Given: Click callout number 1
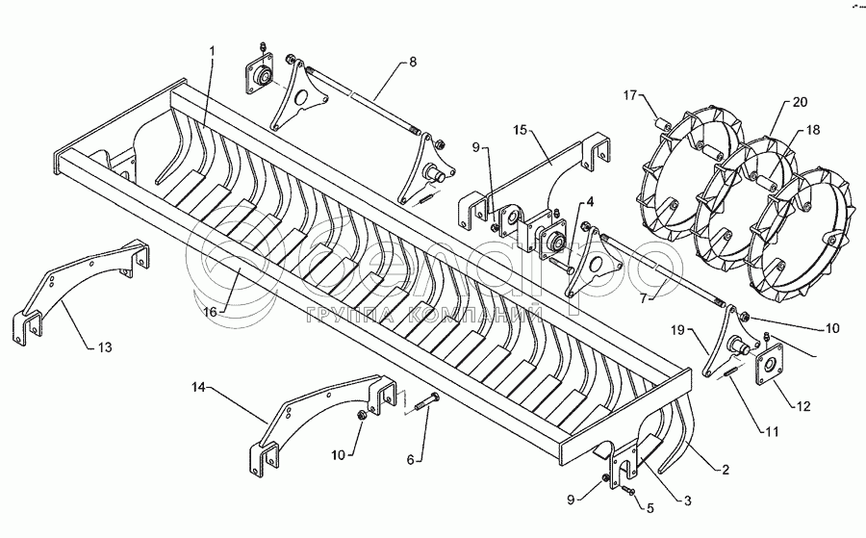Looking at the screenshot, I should (213, 50).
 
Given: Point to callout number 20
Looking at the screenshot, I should (800, 101).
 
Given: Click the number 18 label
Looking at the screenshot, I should (812, 130).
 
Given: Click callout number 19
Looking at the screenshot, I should (677, 330).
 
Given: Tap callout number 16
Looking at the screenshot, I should (210, 311).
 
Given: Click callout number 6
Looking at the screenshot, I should (410, 460).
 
